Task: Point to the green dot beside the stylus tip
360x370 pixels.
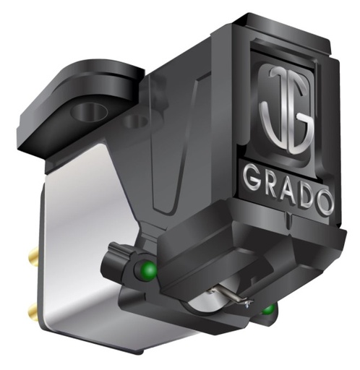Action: pos(269,311)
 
